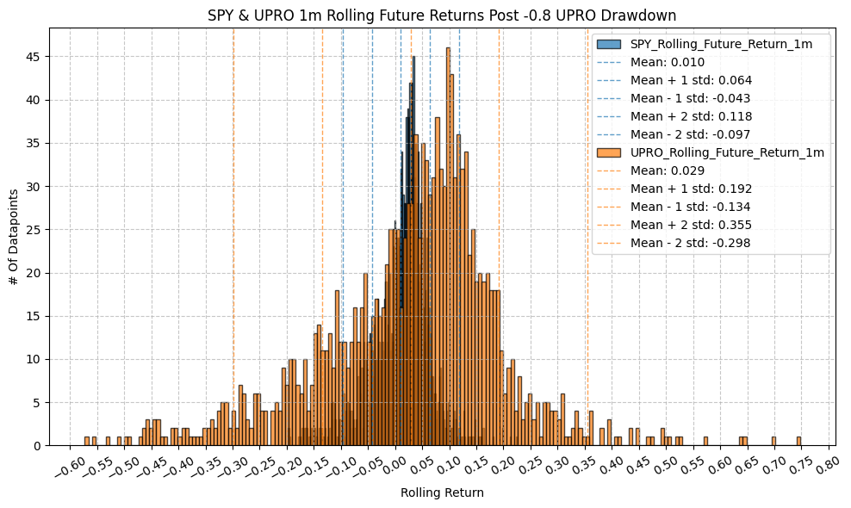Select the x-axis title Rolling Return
(x=442, y=493)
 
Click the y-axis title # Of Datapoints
(x=13, y=237)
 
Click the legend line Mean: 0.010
(x=668, y=62)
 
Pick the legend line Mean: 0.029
(x=668, y=170)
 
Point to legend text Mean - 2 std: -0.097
(x=690, y=134)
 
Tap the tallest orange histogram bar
(x=448, y=245)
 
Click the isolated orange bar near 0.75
(x=799, y=442)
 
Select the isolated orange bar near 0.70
(x=773, y=442)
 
